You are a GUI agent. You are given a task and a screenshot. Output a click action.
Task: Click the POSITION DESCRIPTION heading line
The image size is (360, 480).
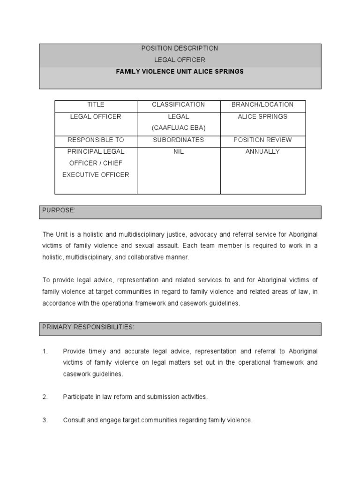180,48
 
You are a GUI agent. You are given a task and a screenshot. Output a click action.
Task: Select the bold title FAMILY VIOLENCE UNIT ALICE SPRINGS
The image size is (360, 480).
180,72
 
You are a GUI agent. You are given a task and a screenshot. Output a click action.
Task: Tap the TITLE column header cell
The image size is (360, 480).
96,105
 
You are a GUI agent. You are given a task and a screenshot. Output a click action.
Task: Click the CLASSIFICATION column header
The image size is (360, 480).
178,105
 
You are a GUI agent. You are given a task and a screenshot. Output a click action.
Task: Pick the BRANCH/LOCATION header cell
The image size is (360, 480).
262,105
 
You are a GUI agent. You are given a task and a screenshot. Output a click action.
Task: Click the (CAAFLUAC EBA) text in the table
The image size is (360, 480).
178,128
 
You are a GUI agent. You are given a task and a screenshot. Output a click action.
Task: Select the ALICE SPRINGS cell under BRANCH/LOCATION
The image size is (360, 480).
262,116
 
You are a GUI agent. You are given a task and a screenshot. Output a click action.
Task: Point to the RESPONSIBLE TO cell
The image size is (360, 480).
96,140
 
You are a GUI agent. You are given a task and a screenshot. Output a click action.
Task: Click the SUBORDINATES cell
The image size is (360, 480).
178,140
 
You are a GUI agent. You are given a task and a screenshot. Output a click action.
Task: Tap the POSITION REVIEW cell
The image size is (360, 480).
262,140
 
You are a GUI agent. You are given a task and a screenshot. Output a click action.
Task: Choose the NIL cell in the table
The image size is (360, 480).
178,151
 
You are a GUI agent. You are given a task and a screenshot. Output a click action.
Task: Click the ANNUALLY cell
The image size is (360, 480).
262,151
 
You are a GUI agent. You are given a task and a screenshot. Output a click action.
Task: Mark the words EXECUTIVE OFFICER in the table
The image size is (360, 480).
96,175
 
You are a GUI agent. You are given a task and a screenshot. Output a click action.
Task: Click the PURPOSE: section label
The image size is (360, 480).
59,210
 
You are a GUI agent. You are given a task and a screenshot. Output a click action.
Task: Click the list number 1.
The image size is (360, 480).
45,351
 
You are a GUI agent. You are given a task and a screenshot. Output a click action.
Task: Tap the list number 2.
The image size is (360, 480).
45,397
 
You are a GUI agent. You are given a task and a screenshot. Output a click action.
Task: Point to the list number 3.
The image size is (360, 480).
45,420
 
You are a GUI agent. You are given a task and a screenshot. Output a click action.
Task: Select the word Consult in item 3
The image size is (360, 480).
74,420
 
